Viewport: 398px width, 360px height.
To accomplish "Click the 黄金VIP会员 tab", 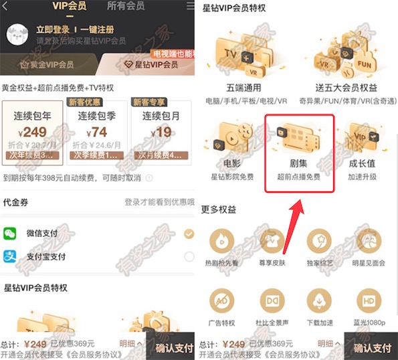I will [x=47, y=65].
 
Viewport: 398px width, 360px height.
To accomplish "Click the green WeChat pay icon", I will [x=11, y=233].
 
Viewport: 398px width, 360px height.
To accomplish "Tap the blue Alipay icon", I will [x=11, y=256].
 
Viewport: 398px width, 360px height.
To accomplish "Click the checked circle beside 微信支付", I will [x=189, y=234].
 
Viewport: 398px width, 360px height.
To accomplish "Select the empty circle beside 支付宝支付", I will [x=189, y=256].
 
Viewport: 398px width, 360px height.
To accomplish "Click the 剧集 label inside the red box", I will [x=299, y=163].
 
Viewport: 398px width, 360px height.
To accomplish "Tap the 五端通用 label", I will [x=233, y=88].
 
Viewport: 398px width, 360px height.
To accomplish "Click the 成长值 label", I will [x=362, y=163].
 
